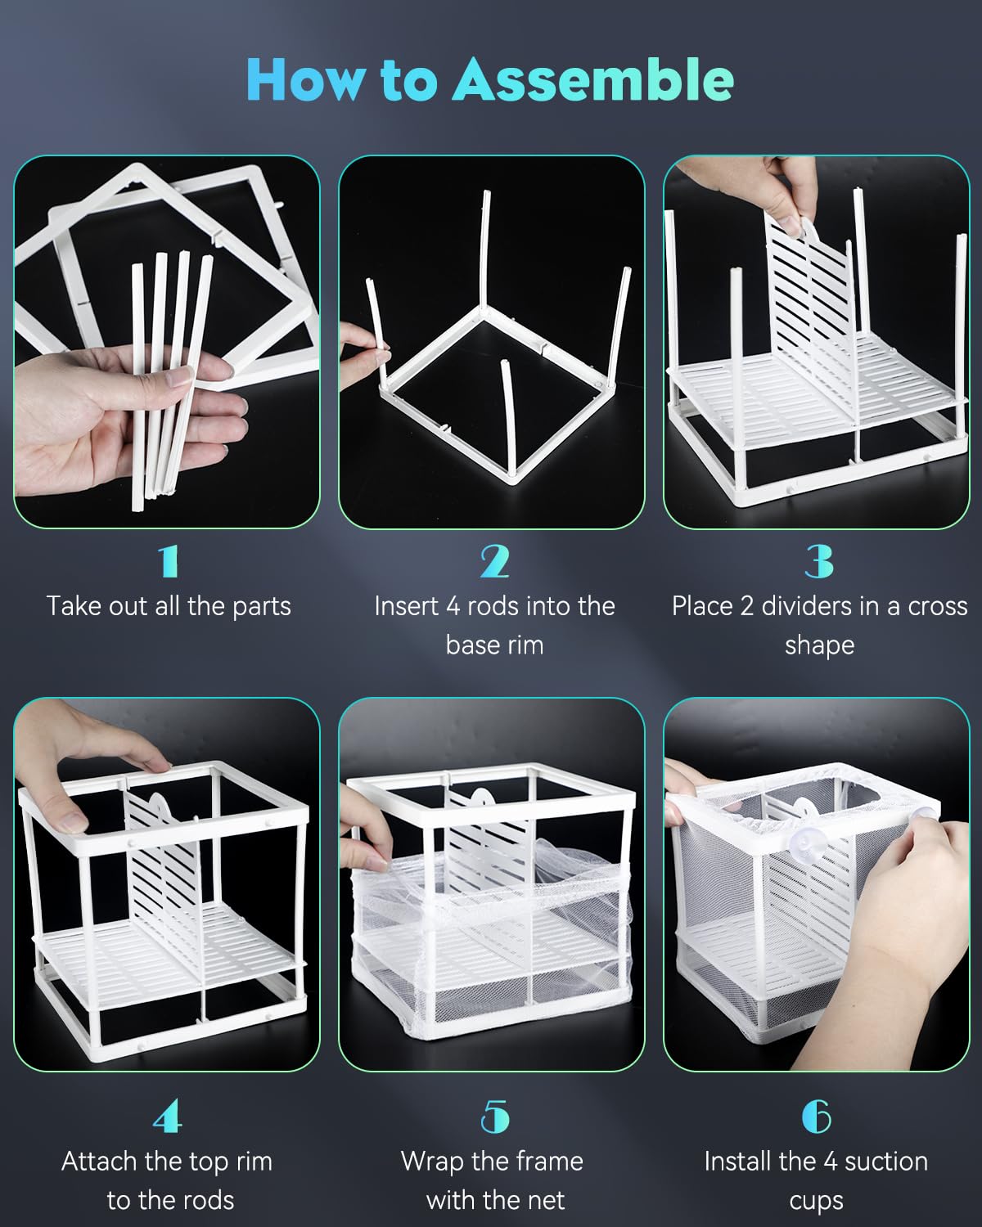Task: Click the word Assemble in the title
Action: tap(592, 79)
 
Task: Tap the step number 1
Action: tap(169, 562)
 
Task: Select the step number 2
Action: tap(494, 562)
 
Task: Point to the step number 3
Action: tap(819, 562)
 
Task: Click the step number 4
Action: tap(167, 1117)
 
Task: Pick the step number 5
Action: tap(495, 1117)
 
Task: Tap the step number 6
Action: tap(817, 1117)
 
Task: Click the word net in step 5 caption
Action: tap(546, 1200)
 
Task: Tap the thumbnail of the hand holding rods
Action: tap(167, 342)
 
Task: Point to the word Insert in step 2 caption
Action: tap(407, 606)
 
